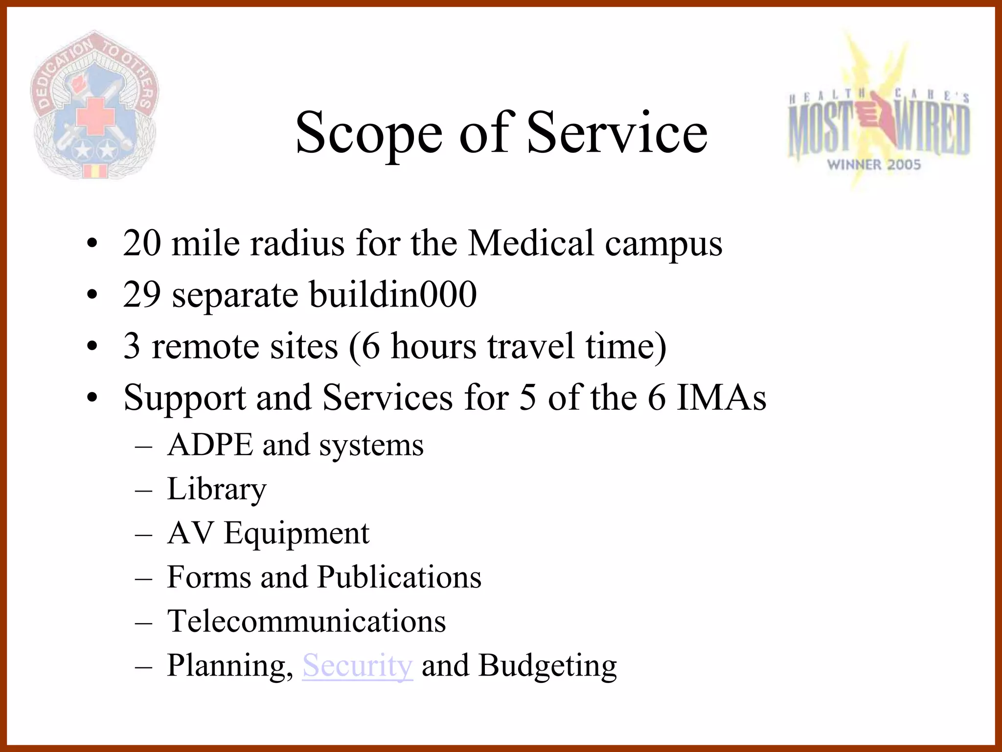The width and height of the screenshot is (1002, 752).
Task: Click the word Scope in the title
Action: (x=369, y=133)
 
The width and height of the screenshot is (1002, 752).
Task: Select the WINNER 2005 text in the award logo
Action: (x=874, y=164)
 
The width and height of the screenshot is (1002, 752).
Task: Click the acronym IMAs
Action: (x=721, y=397)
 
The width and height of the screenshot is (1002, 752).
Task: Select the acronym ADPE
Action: (x=210, y=445)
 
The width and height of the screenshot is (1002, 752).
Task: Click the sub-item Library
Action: (x=217, y=489)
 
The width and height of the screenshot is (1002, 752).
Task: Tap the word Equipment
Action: (x=296, y=533)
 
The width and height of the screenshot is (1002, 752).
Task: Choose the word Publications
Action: (x=399, y=577)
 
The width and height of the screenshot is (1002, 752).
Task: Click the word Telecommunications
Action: (x=306, y=621)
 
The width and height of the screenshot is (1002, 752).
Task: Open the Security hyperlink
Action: (x=358, y=665)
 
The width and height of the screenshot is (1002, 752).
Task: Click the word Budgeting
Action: (x=547, y=666)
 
